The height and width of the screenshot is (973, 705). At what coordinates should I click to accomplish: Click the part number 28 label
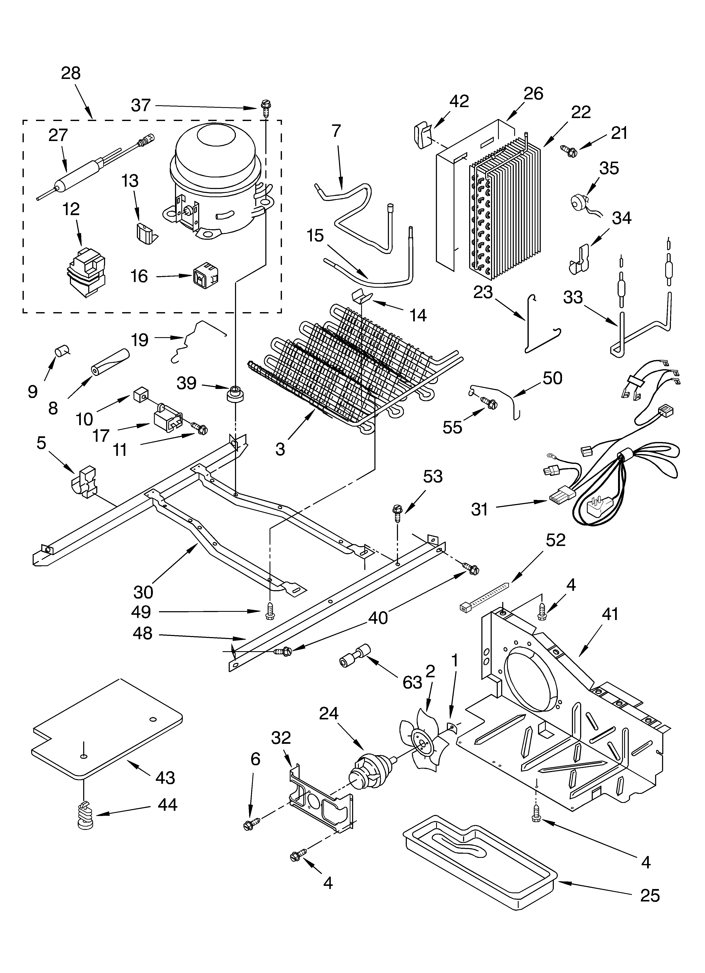(71, 73)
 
